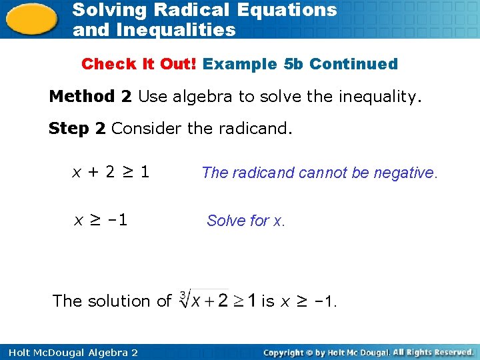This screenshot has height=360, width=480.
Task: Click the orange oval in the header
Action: pyautogui.click(x=31, y=18)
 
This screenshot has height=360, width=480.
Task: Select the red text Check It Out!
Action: pyautogui.click(x=139, y=65)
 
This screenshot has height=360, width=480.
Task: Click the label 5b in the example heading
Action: pyautogui.click(x=293, y=65)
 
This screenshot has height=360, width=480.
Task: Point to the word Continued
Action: pyautogui.click(x=353, y=65)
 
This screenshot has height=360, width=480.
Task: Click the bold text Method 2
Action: pyautogui.click(x=90, y=97)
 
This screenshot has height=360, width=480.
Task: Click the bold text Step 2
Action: pyautogui.click(x=77, y=128)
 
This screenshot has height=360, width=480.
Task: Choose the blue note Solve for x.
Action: pyautogui.click(x=246, y=221)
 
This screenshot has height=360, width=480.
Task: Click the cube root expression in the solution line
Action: pyautogui.click(x=217, y=301)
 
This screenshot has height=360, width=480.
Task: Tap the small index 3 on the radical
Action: pyautogui.click(x=183, y=293)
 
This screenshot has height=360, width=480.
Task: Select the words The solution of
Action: pyautogui.click(x=111, y=301)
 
